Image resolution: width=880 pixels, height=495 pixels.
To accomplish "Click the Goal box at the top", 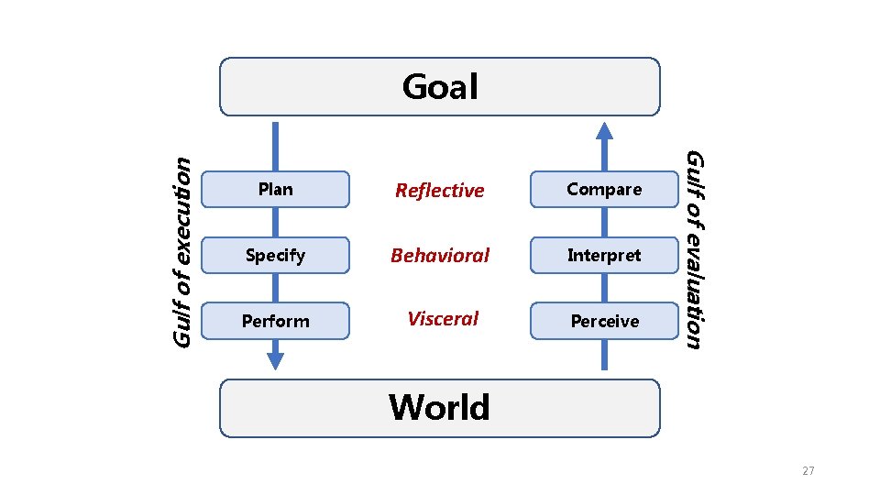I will pyautogui.click(x=440, y=87).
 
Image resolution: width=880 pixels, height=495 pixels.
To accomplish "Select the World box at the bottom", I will pyautogui.click(x=440, y=407).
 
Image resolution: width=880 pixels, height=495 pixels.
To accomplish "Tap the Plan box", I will pyautogui.click(x=275, y=189).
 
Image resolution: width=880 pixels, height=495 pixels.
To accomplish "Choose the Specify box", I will pyautogui.click(x=275, y=255).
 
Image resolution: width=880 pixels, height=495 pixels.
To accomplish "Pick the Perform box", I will pyautogui.click(x=275, y=321).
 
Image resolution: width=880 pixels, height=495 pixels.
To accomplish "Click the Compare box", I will pyautogui.click(x=604, y=189).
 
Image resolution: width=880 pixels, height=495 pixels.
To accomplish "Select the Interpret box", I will pyautogui.click(x=604, y=255).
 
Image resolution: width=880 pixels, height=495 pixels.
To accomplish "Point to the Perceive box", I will pyautogui.click(x=604, y=321).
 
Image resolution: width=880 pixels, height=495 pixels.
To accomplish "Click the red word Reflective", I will pyautogui.click(x=439, y=191).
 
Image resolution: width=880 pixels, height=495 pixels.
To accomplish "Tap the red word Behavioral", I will pyautogui.click(x=440, y=256).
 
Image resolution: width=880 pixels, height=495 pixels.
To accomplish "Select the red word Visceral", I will pyautogui.click(x=443, y=319).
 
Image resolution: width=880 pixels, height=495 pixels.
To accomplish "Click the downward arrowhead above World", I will pyautogui.click(x=275, y=360).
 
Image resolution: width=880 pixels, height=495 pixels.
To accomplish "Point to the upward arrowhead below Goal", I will pyautogui.click(x=604, y=131).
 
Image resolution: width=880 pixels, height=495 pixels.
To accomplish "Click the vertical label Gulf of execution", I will pyautogui.click(x=182, y=251).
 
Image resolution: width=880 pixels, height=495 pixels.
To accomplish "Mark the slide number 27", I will pyautogui.click(x=808, y=471).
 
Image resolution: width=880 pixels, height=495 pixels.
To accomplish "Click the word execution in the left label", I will pyautogui.click(x=182, y=217).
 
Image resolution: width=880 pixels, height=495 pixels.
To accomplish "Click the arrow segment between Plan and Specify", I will pyautogui.click(x=275, y=222).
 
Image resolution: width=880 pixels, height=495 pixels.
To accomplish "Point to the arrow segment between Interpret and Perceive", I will pyautogui.click(x=604, y=288).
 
